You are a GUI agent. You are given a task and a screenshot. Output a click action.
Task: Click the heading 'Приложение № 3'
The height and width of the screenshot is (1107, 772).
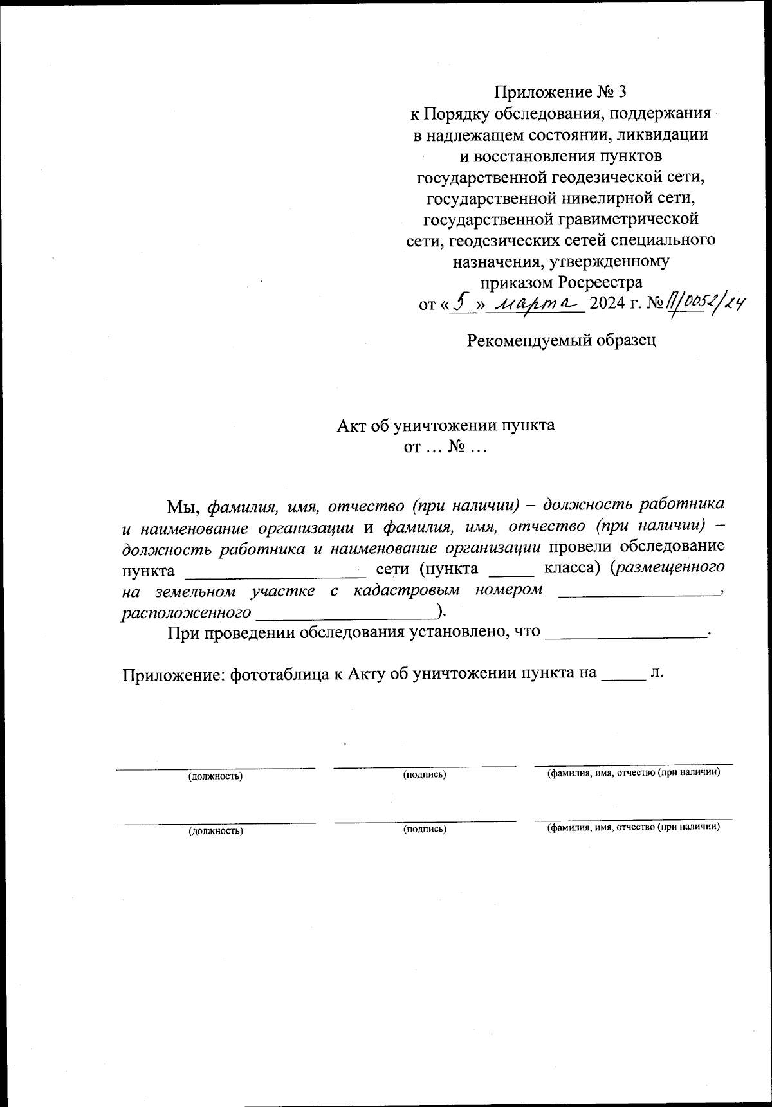560,92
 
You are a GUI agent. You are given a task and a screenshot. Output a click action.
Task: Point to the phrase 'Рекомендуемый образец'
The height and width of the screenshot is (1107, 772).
561,340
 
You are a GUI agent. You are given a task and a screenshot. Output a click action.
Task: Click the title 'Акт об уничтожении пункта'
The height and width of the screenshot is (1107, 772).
446,425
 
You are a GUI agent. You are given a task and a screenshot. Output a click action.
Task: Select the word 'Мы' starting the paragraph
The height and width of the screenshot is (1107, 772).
184,506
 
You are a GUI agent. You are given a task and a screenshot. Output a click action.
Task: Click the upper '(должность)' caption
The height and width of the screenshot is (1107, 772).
215,776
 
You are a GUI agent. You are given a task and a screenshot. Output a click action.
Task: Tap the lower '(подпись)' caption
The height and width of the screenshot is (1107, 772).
425,829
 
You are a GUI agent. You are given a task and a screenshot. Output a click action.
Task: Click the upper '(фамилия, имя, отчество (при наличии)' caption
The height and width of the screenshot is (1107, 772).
633,773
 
